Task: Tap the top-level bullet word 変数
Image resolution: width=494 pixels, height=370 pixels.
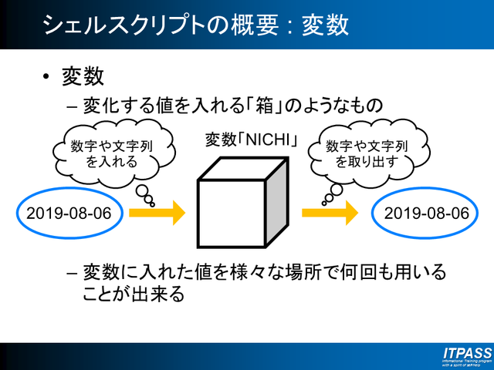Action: coord(83,77)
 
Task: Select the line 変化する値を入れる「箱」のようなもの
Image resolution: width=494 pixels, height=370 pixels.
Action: coord(232,105)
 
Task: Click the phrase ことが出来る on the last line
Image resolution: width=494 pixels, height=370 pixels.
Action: coord(134,294)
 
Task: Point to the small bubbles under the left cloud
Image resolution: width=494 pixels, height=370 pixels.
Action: coord(145,195)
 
